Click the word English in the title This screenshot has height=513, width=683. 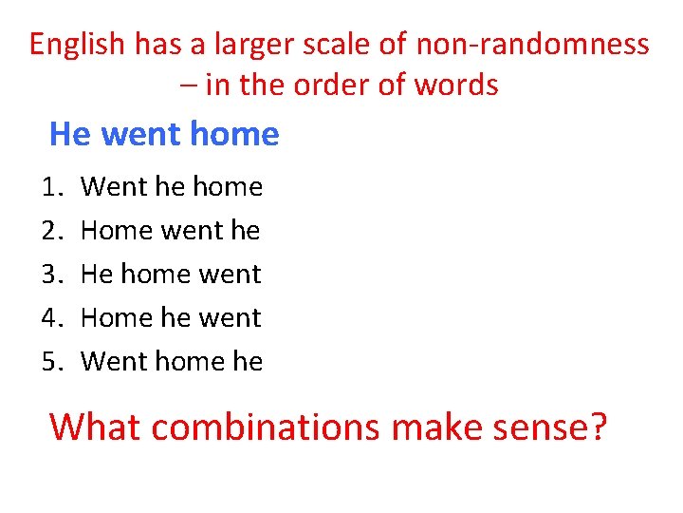pyautogui.click(x=77, y=44)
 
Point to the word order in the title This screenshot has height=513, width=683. pyautogui.click(x=357, y=85)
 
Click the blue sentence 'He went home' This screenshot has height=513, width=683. pyautogui.click(x=164, y=134)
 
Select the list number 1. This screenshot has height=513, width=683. pyautogui.click(x=53, y=187)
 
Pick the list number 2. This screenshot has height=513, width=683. pyautogui.click(x=53, y=231)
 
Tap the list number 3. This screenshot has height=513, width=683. pyautogui.click(x=53, y=275)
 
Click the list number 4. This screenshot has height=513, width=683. pyautogui.click(x=53, y=318)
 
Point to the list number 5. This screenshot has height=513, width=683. pyautogui.click(x=53, y=362)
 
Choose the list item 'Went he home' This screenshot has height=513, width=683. pyautogui.click(x=172, y=187)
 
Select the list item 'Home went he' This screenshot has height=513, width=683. pyautogui.click(x=171, y=231)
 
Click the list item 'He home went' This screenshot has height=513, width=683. pyautogui.click(x=171, y=275)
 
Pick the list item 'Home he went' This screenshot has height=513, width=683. pyautogui.click(x=171, y=318)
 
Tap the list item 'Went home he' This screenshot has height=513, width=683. pyautogui.click(x=172, y=362)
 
